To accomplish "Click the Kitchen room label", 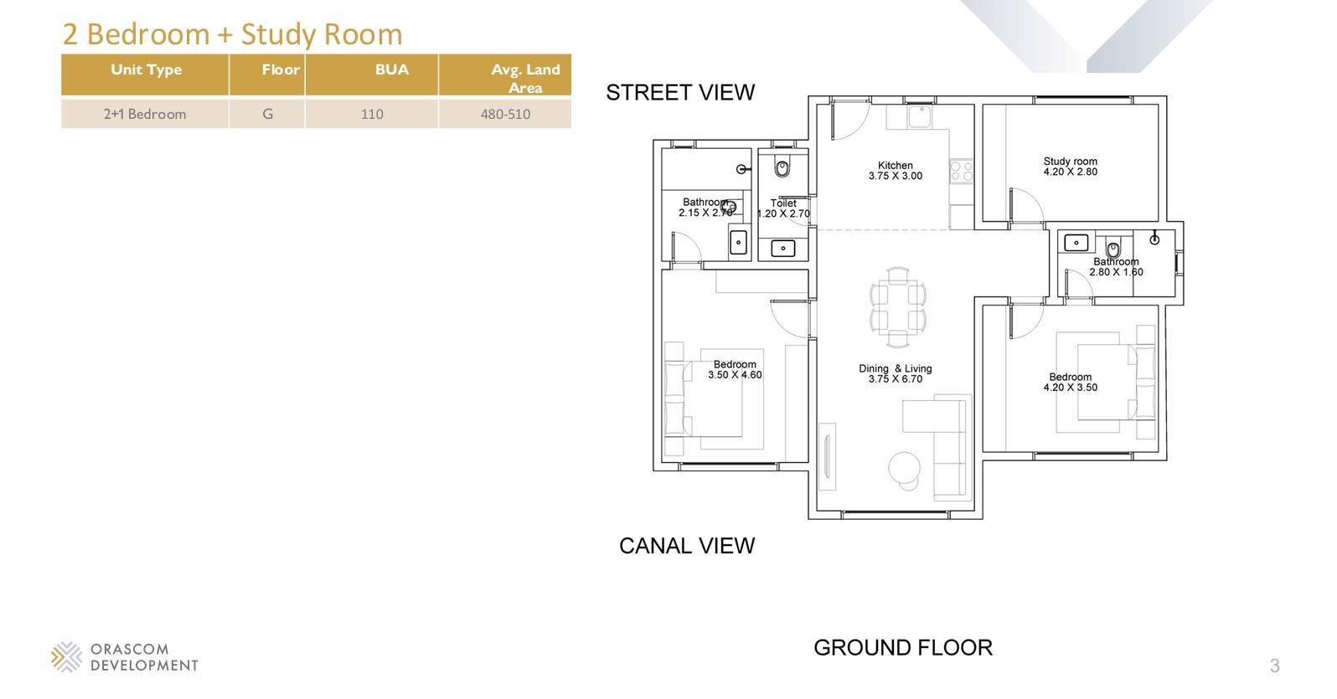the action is [x=895, y=165].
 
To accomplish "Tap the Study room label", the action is [x=1071, y=161].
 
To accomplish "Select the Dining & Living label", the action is [x=896, y=368].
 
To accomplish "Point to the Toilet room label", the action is [x=783, y=203].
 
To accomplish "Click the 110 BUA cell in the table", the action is [x=372, y=114].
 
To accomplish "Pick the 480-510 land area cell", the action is [x=505, y=114].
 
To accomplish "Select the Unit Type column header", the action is [x=147, y=69].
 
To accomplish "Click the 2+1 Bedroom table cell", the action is [x=145, y=114].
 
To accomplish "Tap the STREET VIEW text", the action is [x=680, y=92].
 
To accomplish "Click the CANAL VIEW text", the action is [x=687, y=546].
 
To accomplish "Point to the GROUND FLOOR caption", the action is [x=903, y=648].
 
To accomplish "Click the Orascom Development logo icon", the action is [x=67, y=656].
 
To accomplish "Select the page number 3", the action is [x=1275, y=666].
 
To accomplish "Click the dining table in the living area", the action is [x=898, y=307].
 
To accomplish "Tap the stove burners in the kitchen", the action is [x=962, y=171].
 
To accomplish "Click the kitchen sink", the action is [x=920, y=117].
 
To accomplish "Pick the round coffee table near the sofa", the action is [x=904, y=468].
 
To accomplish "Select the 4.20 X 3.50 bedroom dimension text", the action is [x=1071, y=387].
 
